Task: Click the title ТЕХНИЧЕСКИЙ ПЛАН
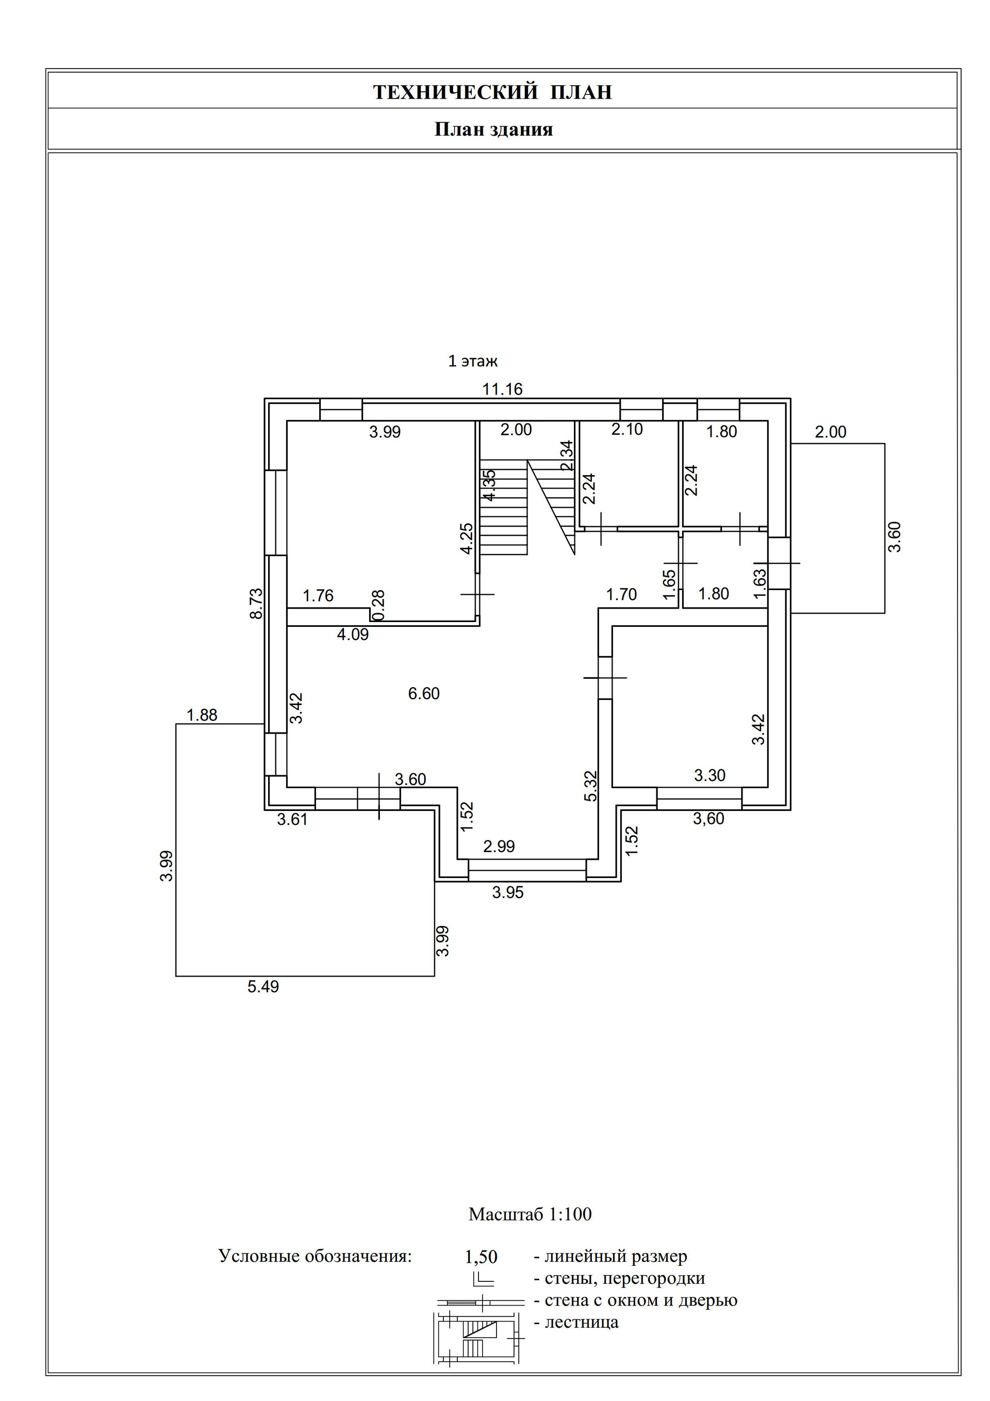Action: pyautogui.click(x=492, y=92)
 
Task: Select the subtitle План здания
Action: pyautogui.click(x=493, y=129)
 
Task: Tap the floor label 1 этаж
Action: pyautogui.click(x=473, y=361)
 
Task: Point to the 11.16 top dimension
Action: pyautogui.click(x=503, y=389)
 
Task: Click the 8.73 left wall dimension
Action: pyautogui.click(x=257, y=604)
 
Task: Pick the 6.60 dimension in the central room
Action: pyautogui.click(x=424, y=693)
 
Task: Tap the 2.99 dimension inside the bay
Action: pyautogui.click(x=499, y=846)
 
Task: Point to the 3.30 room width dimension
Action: pyautogui.click(x=710, y=776)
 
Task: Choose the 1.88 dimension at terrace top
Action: pyautogui.click(x=202, y=715)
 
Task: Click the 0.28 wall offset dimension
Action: pyautogui.click(x=379, y=605)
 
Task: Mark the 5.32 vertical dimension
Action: pyautogui.click(x=591, y=786)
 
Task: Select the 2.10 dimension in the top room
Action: pyautogui.click(x=627, y=430)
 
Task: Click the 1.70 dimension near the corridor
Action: pyautogui.click(x=621, y=594)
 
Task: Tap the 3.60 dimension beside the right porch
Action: pyautogui.click(x=894, y=537)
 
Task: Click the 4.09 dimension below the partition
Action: pyautogui.click(x=353, y=634)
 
